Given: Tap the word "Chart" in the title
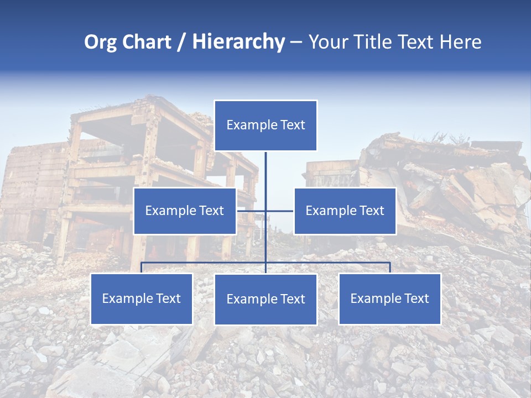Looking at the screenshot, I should [144, 43].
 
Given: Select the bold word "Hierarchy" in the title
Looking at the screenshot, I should [238, 43].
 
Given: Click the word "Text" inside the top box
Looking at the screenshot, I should [292, 125].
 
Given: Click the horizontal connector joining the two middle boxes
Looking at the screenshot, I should [279, 211].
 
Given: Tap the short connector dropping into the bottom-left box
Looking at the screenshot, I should [142, 268].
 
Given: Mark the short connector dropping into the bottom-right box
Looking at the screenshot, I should [390, 268].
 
